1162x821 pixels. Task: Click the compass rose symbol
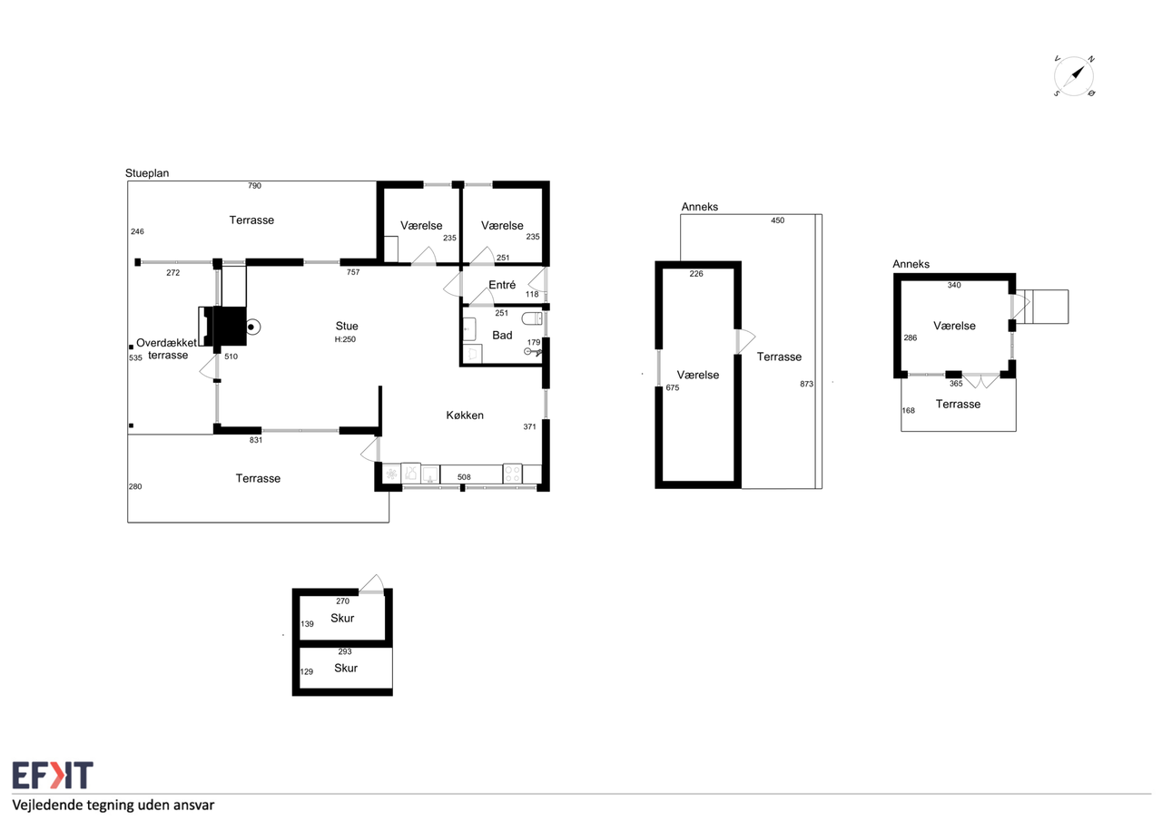coord(1074,76)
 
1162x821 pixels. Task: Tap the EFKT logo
coord(53,775)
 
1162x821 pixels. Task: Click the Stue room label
coord(347,326)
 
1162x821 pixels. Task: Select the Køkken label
coord(465,415)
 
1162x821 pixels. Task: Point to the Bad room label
coord(502,336)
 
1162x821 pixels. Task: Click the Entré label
coord(502,285)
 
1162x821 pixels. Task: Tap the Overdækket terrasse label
coord(166,349)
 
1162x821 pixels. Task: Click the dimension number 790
coord(254,186)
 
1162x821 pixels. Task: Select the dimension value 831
coord(256,440)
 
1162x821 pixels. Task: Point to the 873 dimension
coord(807,384)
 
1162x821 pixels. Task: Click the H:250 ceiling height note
coord(345,339)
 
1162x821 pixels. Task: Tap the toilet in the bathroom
coord(532,318)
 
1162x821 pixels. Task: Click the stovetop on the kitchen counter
coord(512,474)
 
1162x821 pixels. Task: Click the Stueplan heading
coord(147,173)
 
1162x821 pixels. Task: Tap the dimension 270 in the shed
coord(342,601)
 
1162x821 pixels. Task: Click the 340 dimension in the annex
coord(954,285)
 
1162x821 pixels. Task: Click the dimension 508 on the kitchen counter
coord(464,477)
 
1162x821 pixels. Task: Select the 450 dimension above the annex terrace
coord(777,220)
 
